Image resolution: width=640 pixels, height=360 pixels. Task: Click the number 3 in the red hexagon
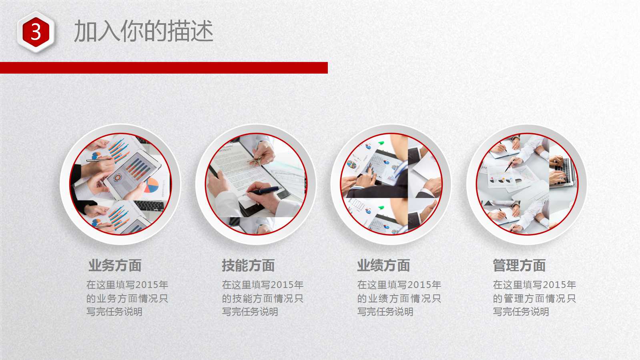(x=36, y=32)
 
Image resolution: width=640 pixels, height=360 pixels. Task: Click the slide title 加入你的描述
(x=144, y=31)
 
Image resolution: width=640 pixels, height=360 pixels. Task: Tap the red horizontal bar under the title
(x=164, y=68)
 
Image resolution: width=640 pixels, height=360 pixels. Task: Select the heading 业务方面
(x=115, y=265)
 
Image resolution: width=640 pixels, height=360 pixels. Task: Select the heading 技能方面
(x=248, y=265)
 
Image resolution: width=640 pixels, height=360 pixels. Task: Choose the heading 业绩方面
(x=383, y=265)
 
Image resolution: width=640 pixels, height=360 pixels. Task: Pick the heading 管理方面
(x=519, y=265)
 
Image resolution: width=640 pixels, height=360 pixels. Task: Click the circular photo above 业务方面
(x=120, y=184)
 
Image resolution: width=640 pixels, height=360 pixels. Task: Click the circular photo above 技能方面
(x=256, y=184)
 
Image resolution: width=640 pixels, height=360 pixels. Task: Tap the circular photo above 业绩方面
(x=391, y=184)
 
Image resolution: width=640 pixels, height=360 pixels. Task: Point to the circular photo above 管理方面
(x=527, y=184)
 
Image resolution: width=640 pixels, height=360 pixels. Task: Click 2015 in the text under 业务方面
(x=146, y=285)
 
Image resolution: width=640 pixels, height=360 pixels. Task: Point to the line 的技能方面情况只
(x=263, y=298)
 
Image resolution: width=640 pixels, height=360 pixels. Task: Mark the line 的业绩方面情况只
(x=399, y=298)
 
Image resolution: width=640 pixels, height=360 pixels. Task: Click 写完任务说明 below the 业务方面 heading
(x=114, y=312)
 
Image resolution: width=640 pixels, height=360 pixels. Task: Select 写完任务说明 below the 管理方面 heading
(x=521, y=312)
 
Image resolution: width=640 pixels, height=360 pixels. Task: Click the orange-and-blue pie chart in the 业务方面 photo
(x=151, y=185)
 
